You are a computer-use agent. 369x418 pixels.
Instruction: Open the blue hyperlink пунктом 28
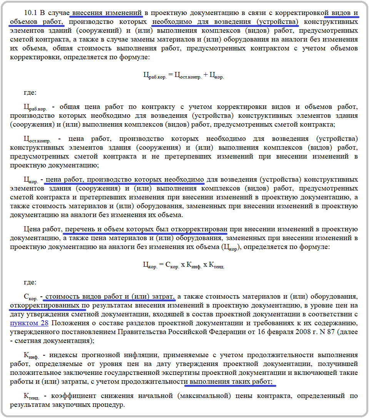point(26,323)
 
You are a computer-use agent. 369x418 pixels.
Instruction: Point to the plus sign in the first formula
point(205,75)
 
